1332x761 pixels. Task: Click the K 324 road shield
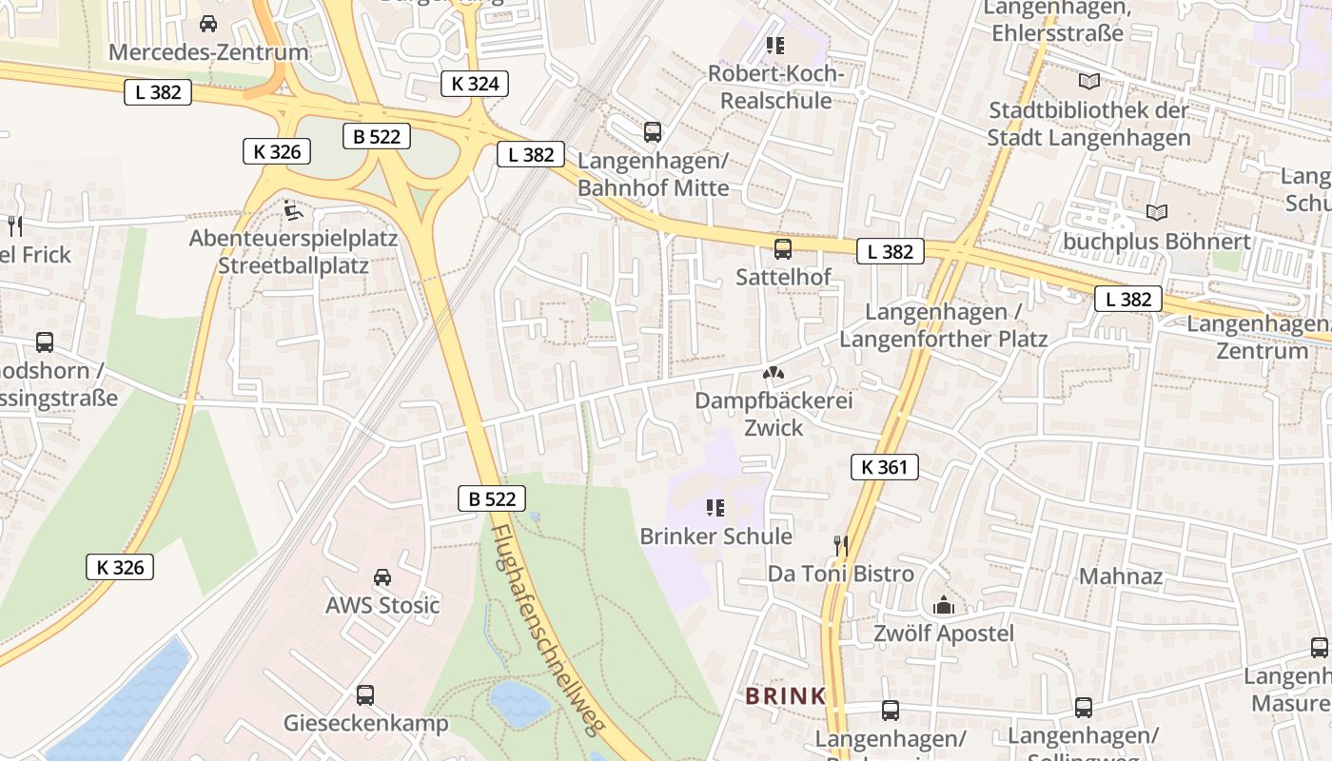475,84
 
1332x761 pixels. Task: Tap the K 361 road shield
884,467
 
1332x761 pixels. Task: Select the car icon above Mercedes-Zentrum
208,24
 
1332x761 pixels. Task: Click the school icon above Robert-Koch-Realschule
775,45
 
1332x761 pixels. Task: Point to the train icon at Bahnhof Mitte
653,132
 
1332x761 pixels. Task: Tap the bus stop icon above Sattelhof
783,249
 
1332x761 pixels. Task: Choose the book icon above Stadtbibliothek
1088,82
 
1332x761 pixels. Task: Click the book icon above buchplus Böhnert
1157,212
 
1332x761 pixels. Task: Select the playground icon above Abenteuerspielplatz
293,209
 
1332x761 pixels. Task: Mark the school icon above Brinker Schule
715,508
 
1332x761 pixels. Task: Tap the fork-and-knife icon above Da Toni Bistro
840,545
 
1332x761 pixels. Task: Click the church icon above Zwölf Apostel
944,605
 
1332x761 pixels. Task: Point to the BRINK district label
786,696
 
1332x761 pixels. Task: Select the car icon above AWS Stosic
382,577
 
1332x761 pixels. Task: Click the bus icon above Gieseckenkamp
365,695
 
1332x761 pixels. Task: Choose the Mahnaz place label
1121,576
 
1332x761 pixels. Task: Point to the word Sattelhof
783,277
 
